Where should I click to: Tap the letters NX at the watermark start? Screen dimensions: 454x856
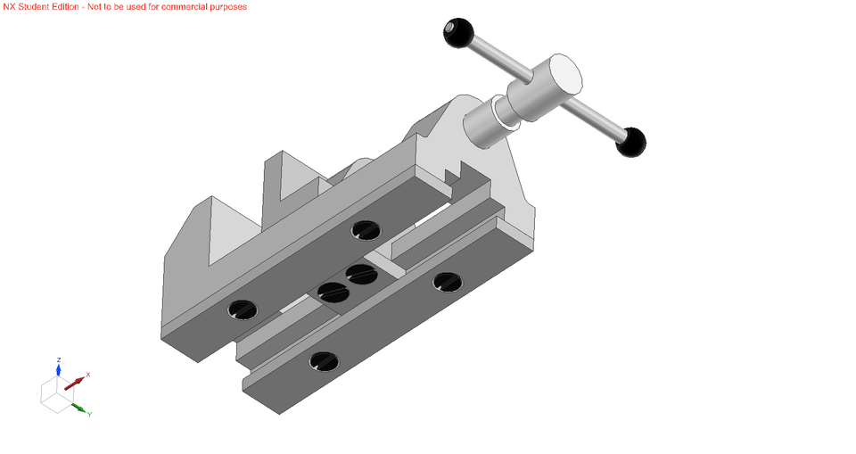point(9,6)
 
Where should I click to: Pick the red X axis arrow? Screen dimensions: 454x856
point(74,383)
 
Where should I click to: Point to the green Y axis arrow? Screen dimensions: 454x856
point(79,409)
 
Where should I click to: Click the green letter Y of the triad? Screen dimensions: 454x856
point(90,415)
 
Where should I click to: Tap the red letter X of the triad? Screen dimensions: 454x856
point(88,375)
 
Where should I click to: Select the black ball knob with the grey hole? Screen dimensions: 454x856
point(458,33)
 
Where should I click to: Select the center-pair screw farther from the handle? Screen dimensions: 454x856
point(332,291)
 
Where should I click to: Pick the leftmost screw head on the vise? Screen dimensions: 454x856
point(242,310)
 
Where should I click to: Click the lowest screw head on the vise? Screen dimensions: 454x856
point(323,361)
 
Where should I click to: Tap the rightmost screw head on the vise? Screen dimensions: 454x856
point(447,283)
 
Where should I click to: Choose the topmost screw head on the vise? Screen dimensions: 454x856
point(366,230)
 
